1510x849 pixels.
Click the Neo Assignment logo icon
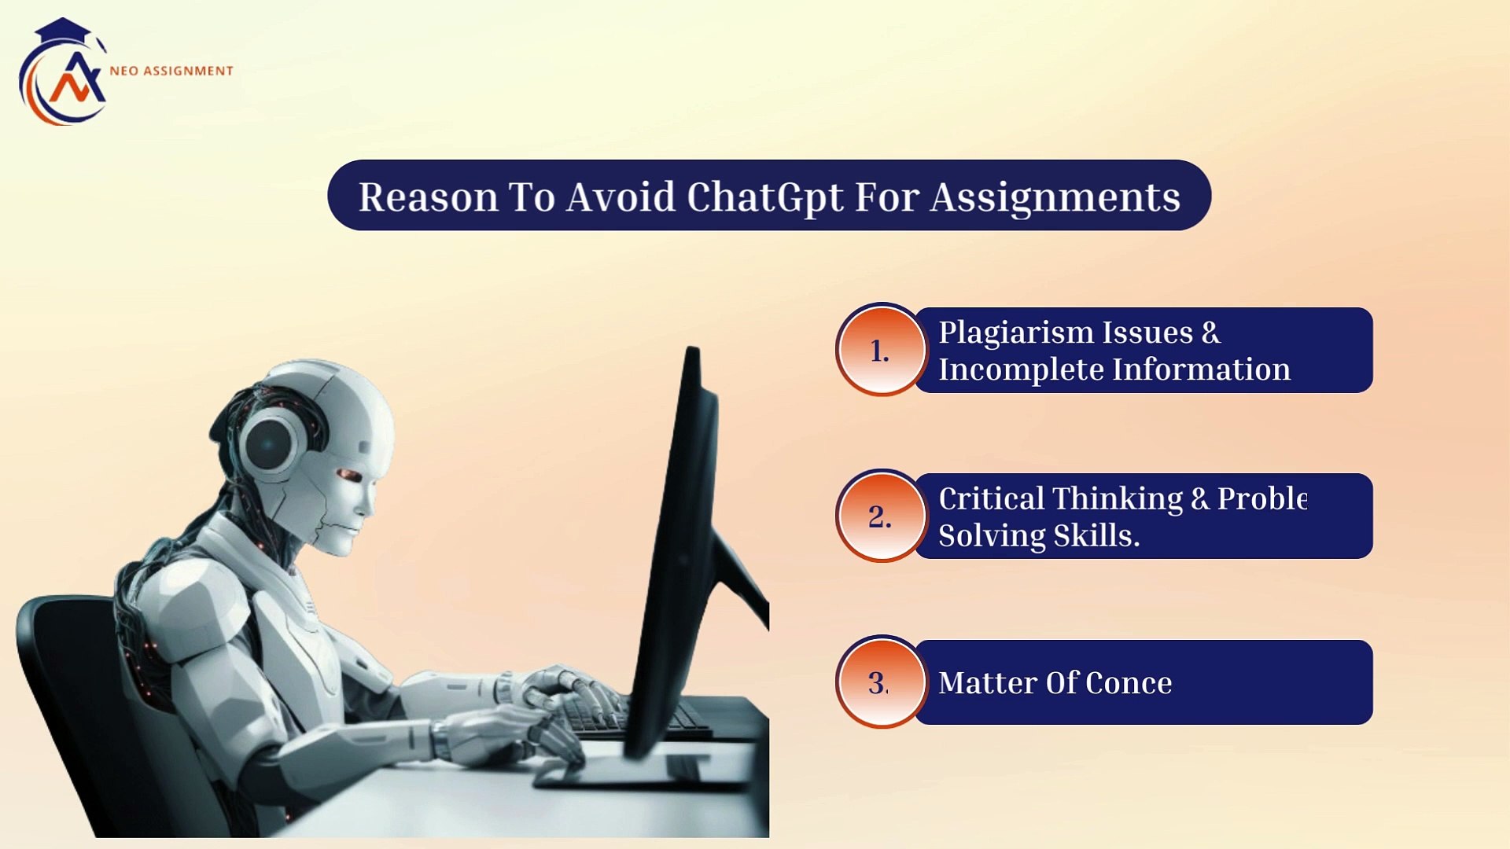pyautogui.click(x=63, y=75)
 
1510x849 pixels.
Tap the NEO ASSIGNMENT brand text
pyautogui.click(x=171, y=71)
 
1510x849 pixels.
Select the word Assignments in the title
pyautogui.click(x=1055, y=197)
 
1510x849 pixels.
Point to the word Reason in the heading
pyautogui.click(x=429, y=197)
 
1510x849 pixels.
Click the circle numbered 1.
pyautogui.click(x=881, y=350)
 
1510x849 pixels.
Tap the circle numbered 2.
pyautogui.click(x=881, y=516)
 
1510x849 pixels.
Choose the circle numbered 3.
pyautogui.click(x=881, y=682)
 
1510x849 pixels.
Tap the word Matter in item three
pyautogui.click(x=987, y=682)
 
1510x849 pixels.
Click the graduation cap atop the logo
pyautogui.click(x=63, y=31)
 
